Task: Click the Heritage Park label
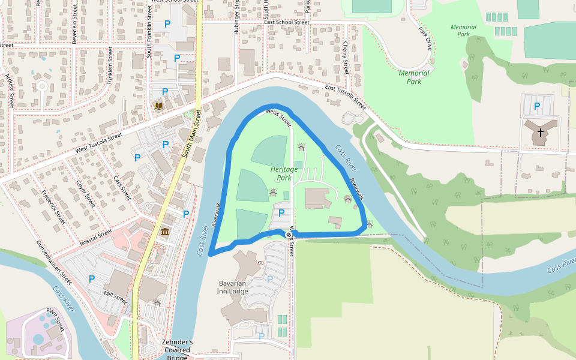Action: (284, 173)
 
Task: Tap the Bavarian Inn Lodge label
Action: (232, 287)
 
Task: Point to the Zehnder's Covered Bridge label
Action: (177, 350)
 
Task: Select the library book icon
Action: (159, 106)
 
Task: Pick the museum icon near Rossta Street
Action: (164, 232)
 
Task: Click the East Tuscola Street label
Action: (345, 96)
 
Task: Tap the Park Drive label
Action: (425, 38)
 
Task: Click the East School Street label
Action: (286, 22)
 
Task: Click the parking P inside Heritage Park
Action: (281, 212)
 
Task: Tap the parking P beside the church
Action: (537, 106)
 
